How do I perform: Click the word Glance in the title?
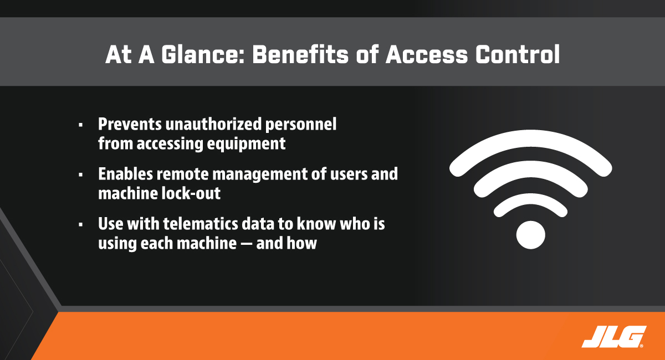(203, 55)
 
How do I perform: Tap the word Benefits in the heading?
(300, 55)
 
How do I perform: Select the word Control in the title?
(518, 55)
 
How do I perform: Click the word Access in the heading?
(427, 55)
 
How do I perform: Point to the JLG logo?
(613, 337)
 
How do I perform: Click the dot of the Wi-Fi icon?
(530, 235)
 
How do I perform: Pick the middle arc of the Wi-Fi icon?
(530, 169)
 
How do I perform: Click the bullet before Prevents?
(81, 125)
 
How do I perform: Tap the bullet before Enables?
(81, 175)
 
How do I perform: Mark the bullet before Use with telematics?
(81, 225)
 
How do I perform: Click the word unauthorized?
(213, 124)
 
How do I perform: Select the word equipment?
(246, 145)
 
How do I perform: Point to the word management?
(260, 174)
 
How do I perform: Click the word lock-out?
(191, 193)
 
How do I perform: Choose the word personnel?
(301, 125)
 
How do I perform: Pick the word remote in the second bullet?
(182, 174)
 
